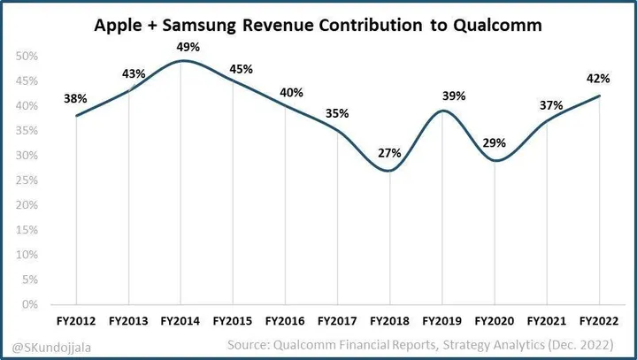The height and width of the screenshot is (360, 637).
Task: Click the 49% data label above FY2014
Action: (180, 46)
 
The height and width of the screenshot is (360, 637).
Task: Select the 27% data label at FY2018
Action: (389, 153)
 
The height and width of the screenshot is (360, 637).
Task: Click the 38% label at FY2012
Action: (76, 100)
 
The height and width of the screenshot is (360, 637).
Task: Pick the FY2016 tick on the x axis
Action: (285, 318)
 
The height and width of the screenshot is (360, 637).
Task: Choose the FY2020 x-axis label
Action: (494, 318)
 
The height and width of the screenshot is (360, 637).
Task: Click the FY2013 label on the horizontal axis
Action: (128, 318)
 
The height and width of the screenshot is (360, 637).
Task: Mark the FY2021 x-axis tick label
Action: (546, 318)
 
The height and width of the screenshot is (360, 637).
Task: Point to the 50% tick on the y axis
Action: (27, 57)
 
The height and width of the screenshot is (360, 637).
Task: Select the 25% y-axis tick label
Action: (27, 180)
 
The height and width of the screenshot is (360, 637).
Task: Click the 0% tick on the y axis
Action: (29, 304)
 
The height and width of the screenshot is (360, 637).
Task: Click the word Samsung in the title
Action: (196, 27)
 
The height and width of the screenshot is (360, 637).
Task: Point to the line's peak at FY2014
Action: (180, 61)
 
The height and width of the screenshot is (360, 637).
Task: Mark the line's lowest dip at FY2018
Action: (389, 171)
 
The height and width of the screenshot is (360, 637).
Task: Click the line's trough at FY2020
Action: (494, 160)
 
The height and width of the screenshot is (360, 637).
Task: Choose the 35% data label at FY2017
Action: (337, 113)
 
